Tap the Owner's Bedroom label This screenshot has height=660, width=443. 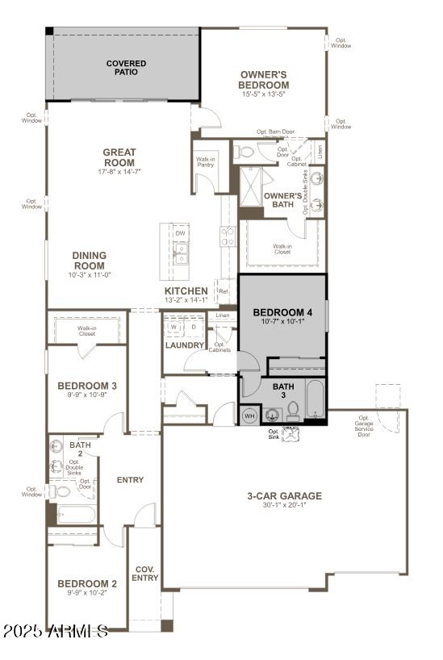tap(264, 80)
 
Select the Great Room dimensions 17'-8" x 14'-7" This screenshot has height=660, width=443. tap(119, 172)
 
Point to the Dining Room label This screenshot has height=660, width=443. tap(90, 261)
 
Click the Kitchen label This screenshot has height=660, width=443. tap(186, 290)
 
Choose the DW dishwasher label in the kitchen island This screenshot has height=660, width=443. tap(179, 233)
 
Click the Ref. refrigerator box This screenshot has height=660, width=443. tap(224, 290)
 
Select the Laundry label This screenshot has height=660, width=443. tap(185, 345)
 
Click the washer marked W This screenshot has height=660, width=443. tap(173, 327)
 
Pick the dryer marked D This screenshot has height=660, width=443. tap(193, 327)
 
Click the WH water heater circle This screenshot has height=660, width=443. tap(249, 416)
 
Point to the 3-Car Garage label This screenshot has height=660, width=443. tap(284, 496)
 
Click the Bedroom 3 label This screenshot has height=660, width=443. tap(87, 386)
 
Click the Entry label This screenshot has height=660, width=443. tap(130, 480)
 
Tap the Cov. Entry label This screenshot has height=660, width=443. tap(146, 573)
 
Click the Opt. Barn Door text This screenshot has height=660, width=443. tap(275, 132)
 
